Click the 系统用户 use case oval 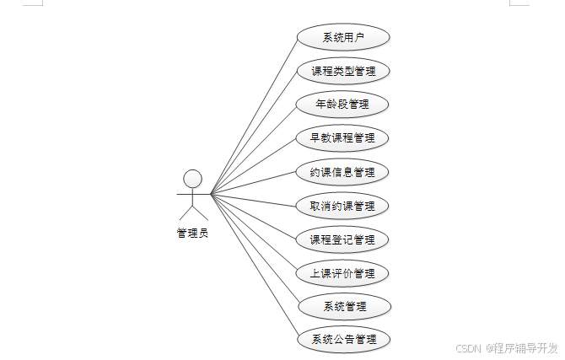[x=343, y=37]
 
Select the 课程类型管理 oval [x=343, y=71]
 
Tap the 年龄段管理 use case [x=343, y=105]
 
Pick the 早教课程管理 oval [x=343, y=137]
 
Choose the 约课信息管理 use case [x=343, y=172]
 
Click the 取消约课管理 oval [x=343, y=206]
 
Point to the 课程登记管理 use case [x=343, y=239]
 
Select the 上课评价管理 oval [x=343, y=273]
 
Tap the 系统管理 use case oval [x=343, y=306]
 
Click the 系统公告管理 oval [x=343, y=340]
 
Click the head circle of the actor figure [x=193, y=179]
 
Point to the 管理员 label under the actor [x=192, y=234]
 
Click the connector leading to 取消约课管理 [x=253, y=200]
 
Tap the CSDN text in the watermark [x=468, y=348]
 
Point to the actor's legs [x=193, y=212]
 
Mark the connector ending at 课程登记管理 [x=253, y=216]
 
